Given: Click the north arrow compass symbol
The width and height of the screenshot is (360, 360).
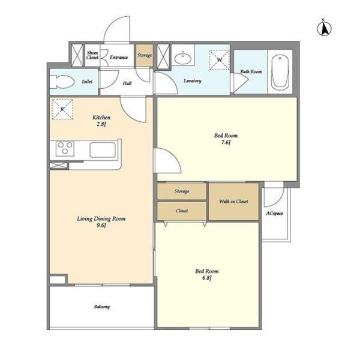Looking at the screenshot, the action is [x=324, y=28].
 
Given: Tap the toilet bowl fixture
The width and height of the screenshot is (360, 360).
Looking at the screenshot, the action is [x=62, y=82].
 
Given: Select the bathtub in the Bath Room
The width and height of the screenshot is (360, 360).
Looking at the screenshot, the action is [x=280, y=72].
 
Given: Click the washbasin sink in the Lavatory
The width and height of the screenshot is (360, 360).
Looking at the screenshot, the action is [x=183, y=59].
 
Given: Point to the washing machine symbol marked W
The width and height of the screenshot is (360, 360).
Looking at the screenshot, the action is [x=219, y=59].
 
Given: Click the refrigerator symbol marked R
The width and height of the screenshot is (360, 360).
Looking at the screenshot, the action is [x=62, y=109].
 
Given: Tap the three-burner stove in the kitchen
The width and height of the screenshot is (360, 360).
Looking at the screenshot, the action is [x=65, y=149].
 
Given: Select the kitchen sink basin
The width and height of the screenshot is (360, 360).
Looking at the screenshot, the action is [x=103, y=150].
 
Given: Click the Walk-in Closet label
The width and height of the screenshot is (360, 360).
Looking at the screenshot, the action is [x=233, y=202].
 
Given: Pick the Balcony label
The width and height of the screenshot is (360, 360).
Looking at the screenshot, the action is [x=102, y=307].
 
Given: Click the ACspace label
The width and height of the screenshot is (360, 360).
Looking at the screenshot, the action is [x=275, y=213].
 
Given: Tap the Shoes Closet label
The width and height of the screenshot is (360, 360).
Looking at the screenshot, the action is [x=92, y=55].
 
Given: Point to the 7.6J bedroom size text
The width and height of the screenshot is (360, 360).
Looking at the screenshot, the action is [x=226, y=142].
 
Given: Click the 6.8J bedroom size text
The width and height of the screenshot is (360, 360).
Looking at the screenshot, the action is [x=206, y=278].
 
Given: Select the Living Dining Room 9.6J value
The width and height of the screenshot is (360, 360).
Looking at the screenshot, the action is [x=101, y=226].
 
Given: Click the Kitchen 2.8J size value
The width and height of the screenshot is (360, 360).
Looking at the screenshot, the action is [x=101, y=124].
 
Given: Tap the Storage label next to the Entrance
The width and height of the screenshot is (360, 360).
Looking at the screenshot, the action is [x=145, y=55].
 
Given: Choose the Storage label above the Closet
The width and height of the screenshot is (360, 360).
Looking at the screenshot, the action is [x=182, y=191].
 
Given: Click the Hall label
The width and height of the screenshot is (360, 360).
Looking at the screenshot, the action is [x=127, y=83].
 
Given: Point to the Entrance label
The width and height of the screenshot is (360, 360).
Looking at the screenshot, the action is [x=119, y=57].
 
